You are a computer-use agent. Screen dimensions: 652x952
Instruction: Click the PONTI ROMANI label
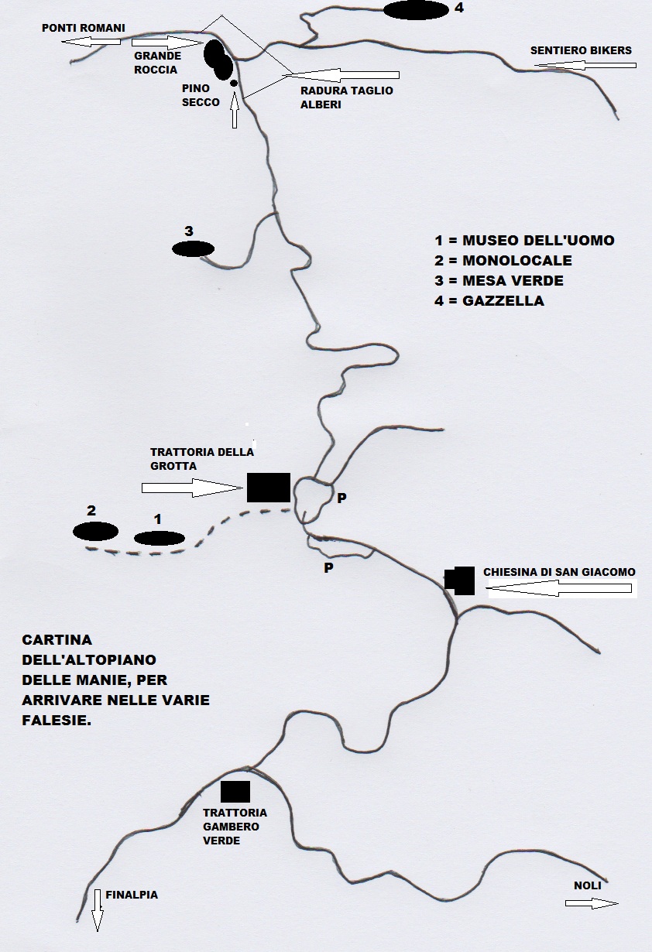[x=84, y=28]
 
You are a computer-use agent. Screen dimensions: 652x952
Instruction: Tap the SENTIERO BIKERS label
[x=581, y=50]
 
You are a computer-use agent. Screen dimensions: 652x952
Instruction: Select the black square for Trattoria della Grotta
[x=269, y=488]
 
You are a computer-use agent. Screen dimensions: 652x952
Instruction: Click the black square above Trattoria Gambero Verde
[x=235, y=791]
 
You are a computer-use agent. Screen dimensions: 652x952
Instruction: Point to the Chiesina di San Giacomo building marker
[x=460, y=580]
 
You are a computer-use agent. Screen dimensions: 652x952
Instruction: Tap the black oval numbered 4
[x=416, y=10]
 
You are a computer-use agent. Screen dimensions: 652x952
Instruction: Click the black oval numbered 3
[x=193, y=248]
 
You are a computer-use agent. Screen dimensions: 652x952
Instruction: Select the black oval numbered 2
[x=95, y=531]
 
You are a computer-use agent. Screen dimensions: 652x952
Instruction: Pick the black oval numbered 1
[x=160, y=539]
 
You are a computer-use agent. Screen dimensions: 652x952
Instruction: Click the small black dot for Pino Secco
[x=234, y=84]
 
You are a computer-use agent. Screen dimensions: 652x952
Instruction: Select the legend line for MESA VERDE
[x=499, y=280]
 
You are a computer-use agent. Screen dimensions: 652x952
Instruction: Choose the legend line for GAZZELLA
[x=489, y=301]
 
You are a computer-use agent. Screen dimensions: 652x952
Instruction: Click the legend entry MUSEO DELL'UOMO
[x=524, y=240]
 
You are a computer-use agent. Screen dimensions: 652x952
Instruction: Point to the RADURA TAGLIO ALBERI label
[x=347, y=98]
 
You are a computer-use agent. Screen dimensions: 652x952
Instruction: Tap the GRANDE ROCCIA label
[x=158, y=63]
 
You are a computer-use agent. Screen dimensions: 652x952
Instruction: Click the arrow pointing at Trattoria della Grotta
[x=192, y=488]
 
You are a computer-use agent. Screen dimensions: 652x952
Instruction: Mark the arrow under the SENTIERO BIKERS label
[x=585, y=66]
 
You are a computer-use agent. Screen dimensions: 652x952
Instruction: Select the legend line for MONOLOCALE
[x=503, y=261]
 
